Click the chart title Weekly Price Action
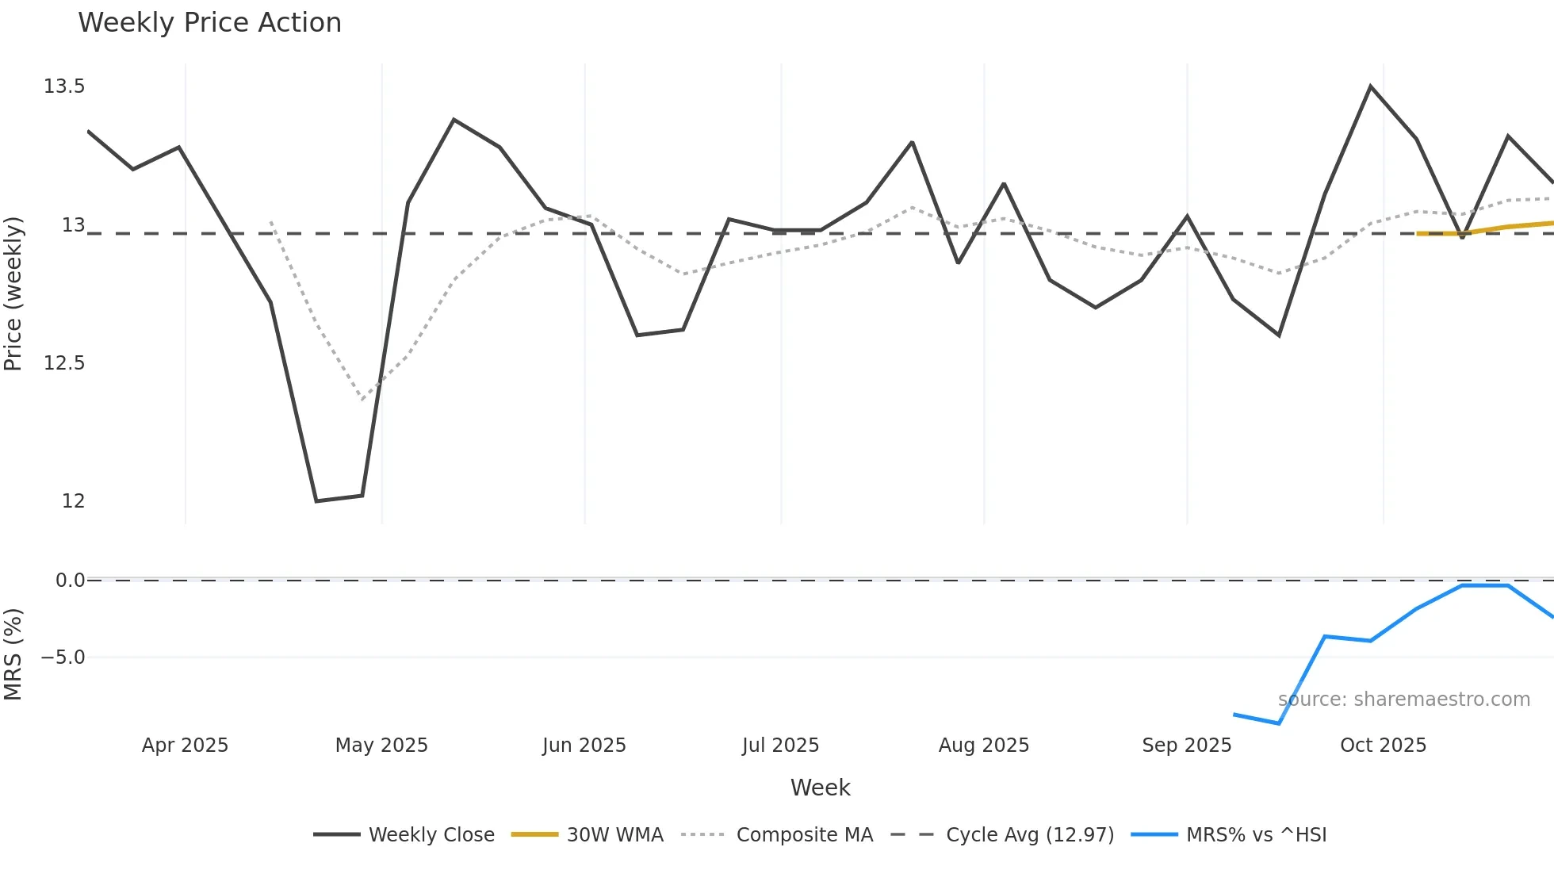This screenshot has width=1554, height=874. click(209, 23)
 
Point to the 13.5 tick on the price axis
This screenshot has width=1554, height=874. click(64, 86)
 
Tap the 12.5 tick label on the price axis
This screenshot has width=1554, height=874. click(64, 363)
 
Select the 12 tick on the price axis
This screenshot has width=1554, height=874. click(73, 501)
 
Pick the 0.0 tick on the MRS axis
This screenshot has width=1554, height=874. click(70, 581)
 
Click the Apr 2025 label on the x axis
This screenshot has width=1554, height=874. click(185, 746)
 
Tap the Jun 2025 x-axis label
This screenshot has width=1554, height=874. click(584, 746)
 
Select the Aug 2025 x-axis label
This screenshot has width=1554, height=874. click(984, 746)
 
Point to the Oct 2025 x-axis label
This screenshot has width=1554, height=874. click(1384, 746)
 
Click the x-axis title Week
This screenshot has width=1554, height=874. click(821, 788)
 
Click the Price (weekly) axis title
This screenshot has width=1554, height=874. click(13, 293)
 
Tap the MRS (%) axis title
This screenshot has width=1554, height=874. click(13, 654)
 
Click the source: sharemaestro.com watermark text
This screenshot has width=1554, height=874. click(1404, 700)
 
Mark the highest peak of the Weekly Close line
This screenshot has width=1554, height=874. click(1370, 86)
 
